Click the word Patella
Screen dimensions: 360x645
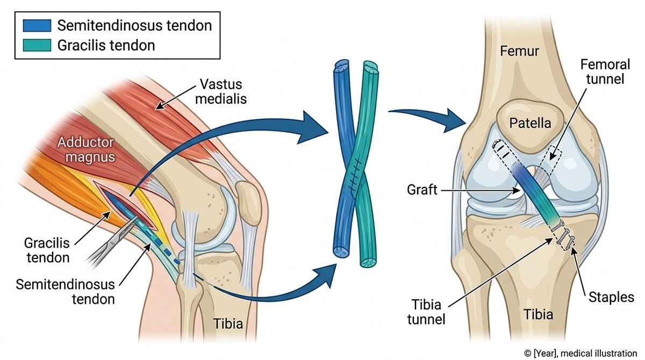[x=531, y=123]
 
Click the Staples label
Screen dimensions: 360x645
[x=611, y=297]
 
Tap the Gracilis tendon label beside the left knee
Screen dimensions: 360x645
[x=47, y=249]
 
